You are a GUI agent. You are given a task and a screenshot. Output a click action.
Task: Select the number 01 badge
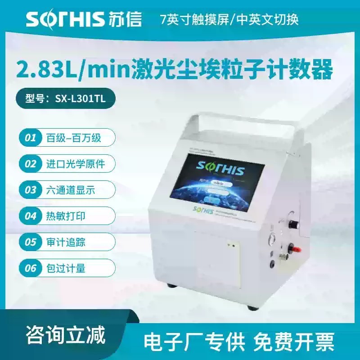31,138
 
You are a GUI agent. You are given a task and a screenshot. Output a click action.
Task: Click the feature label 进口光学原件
75,164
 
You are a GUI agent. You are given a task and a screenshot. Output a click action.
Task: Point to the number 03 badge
31,190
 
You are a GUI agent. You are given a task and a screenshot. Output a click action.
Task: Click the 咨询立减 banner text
66,335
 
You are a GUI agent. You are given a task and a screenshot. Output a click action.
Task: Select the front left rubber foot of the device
171,285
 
